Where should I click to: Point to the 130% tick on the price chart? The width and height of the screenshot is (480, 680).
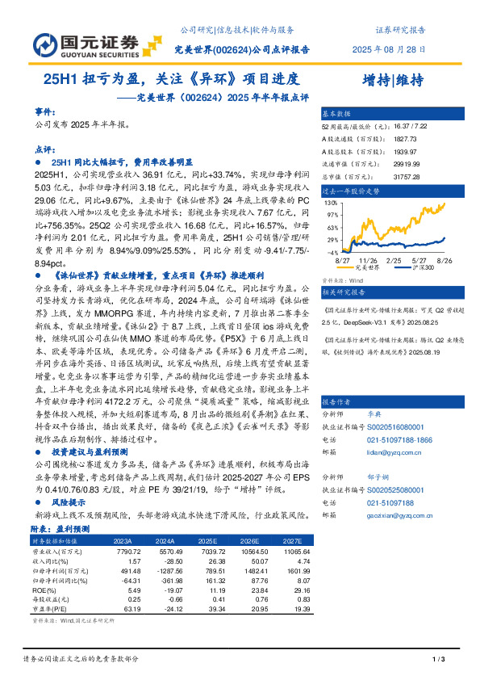331,204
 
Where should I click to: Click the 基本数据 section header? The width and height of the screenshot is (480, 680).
337,114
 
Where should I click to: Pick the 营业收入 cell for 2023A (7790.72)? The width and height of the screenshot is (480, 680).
129,551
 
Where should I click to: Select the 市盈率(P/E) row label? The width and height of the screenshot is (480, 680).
51,609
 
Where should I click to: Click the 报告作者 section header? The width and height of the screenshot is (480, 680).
337,401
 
